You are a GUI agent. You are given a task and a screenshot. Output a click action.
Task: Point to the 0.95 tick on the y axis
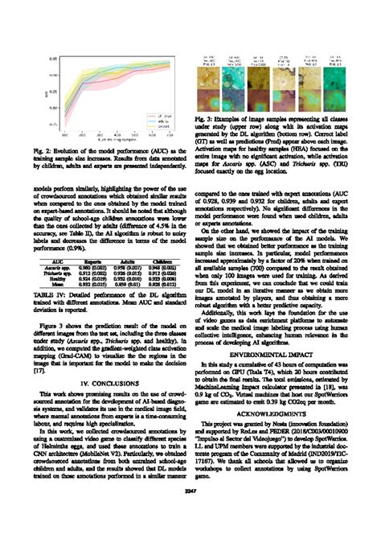pyautogui.click(x=49, y=60)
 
